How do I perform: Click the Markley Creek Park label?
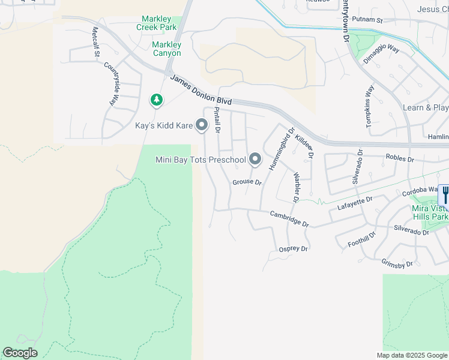pos(157,23)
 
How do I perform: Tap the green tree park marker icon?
pos(157,100)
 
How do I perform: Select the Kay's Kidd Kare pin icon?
pos(202,125)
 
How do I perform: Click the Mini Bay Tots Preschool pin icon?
pos(255,160)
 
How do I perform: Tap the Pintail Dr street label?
pos(217,119)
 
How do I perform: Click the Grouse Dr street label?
pos(247,182)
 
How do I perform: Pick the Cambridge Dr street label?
pos(289,218)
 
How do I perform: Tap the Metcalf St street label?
pos(96,42)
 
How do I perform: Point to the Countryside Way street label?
pos(112,85)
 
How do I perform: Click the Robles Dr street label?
pos(400,160)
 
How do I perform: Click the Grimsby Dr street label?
pos(397,263)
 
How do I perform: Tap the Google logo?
pos(20,353)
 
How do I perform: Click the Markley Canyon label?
pos(167,49)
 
